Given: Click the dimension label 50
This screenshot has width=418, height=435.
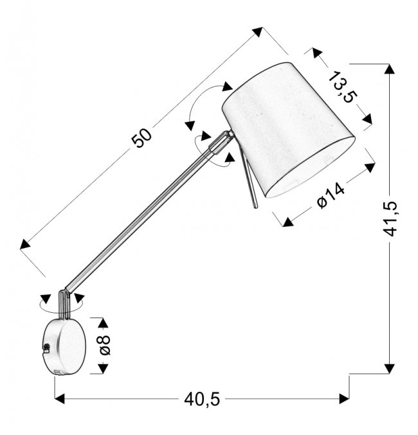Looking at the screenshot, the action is pyautogui.click(x=142, y=138).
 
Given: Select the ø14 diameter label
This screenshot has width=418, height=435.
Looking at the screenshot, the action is pyautogui.click(x=331, y=195).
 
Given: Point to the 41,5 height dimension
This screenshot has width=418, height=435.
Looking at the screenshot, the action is pyautogui.click(x=390, y=219).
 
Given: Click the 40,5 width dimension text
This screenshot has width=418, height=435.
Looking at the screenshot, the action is pyautogui.click(x=202, y=400).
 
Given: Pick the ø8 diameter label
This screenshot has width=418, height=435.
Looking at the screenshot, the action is pyautogui.click(x=105, y=345).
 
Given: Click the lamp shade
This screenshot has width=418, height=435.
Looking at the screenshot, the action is pyautogui.click(x=288, y=130).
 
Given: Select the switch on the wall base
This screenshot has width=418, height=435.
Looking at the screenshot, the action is pyautogui.click(x=46, y=348).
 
